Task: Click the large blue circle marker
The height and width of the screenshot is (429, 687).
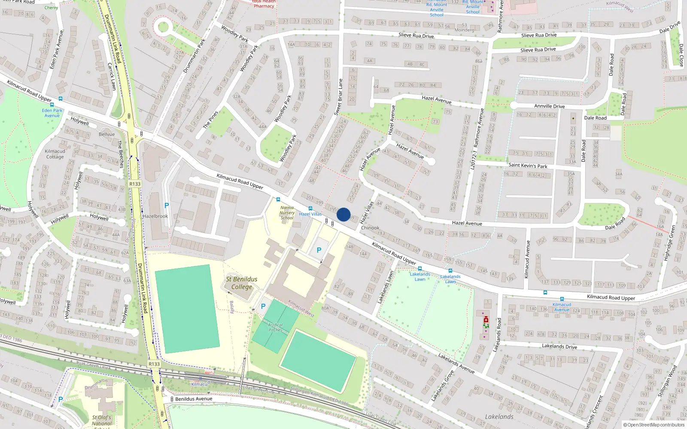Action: coord(343,214)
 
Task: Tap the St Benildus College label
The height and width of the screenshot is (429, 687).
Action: coord(242,283)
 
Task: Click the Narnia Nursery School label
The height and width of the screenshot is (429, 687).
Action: coord(287,213)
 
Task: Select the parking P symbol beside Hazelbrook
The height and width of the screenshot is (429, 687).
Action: coord(167,205)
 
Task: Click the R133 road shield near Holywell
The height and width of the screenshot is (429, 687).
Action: coord(135,184)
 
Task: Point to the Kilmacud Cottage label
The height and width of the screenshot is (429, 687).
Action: coord(55,154)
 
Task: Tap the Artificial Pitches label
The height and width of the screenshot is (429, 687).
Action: coord(276,327)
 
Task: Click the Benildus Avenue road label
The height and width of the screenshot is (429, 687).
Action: coord(194,399)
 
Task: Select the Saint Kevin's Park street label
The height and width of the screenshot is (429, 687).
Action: coord(528,165)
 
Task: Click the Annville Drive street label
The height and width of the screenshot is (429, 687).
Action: coord(549,106)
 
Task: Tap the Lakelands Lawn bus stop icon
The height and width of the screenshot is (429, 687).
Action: coord(420,269)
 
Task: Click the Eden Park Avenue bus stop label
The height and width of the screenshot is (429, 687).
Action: coord(52,113)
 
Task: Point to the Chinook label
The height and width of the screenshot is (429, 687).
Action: coord(370,228)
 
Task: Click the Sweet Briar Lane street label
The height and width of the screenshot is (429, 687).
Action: coord(338,97)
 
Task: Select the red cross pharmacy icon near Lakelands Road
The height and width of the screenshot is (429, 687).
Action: coord(486,320)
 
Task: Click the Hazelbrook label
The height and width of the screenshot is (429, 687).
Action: coord(155,216)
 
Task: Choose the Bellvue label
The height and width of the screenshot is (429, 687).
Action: coord(107,134)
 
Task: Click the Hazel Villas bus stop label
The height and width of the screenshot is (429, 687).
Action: coord(310,214)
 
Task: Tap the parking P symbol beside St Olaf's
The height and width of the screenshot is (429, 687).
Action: coord(60,399)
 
